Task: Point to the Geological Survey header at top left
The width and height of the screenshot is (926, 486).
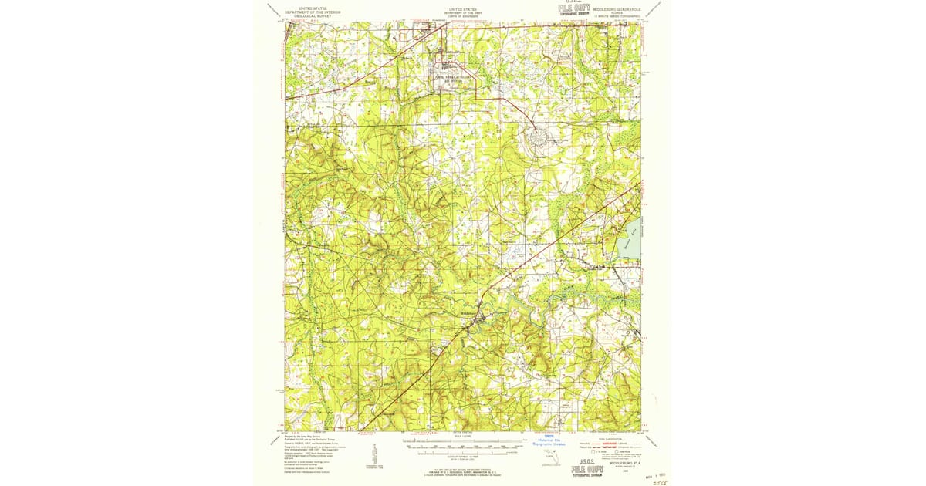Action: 313,13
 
